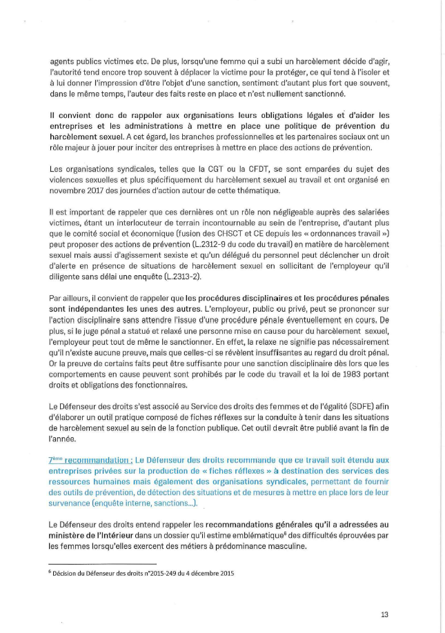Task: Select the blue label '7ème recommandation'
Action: point(89,459)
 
